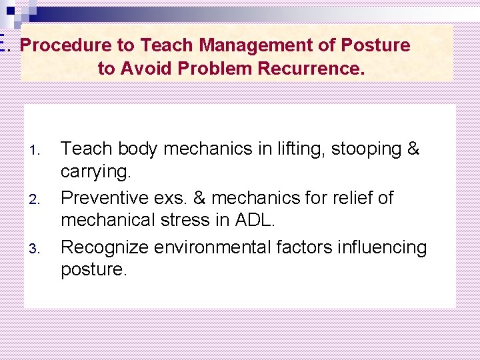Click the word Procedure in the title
coord(60,45)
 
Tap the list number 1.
coord(38,150)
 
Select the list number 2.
coord(38,199)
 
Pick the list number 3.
coord(38,249)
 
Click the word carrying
coord(96,171)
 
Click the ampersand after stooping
coord(413,149)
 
